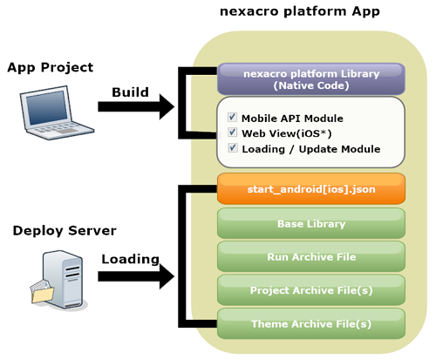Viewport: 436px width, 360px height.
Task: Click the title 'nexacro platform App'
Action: tap(300, 11)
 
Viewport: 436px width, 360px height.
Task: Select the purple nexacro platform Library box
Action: tap(311, 79)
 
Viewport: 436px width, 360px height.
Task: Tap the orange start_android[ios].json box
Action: tap(311, 189)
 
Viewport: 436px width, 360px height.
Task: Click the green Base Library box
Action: tap(311, 223)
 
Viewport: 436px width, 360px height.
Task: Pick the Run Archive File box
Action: tap(311, 257)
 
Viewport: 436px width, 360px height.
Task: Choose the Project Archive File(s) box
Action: tap(311, 290)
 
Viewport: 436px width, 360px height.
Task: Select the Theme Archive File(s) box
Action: tap(311, 323)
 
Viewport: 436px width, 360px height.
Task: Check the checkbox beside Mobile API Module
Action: tap(232, 117)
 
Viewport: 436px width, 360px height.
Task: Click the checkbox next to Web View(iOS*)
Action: tap(232, 132)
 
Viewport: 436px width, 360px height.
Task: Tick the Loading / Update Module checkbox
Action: tap(233, 147)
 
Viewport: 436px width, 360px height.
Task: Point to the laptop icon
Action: tap(57, 112)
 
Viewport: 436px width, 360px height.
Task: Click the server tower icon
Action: tap(63, 279)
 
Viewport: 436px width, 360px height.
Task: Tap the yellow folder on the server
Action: tap(43, 293)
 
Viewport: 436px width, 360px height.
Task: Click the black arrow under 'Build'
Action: tap(136, 106)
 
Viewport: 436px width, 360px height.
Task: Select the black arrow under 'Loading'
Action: tap(136, 276)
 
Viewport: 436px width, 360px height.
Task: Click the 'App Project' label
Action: tap(50, 67)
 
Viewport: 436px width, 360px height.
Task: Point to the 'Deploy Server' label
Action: tap(65, 231)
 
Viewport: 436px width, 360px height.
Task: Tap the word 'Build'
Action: tap(130, 92)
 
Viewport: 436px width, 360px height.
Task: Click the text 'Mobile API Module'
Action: tap(292, 119)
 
